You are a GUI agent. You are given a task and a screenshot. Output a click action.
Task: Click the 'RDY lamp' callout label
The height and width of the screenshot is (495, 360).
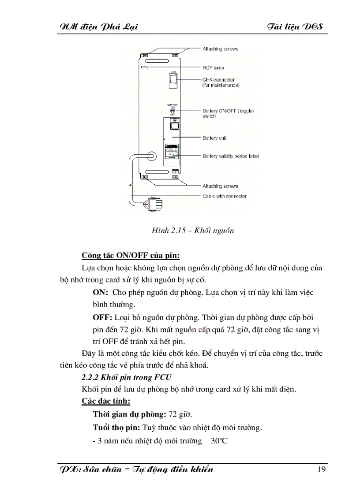pyautogui.click(x=213, y=68)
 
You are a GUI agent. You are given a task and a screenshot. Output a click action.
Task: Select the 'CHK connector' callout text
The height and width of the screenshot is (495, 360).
pyautogui.click(x=219, y=80)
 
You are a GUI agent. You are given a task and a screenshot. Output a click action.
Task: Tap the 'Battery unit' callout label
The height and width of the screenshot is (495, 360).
pyautogui.click(x=214, y=138)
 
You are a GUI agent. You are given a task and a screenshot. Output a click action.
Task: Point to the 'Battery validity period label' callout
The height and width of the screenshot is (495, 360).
pyautogui.click(x=231, y=156)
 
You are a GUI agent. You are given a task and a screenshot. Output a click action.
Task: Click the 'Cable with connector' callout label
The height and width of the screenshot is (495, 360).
pyautogui.click(x=225, y=196)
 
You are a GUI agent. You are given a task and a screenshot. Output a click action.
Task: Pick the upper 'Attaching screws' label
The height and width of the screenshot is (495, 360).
pyautogui.click(x=220, y=49)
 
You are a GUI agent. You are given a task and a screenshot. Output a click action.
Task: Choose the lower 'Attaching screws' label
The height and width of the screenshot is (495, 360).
pyautogui.click(x=220, y=186)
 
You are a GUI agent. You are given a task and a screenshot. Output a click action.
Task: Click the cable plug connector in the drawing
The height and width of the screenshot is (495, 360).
pyautogui.click(x=155, y=204)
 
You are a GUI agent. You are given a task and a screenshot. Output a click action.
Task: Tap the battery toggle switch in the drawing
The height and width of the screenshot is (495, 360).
pyautogui.click(x=173, y=110)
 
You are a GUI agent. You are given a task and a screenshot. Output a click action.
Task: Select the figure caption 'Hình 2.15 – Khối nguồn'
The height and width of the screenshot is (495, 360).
pyautogui.click(x=192, y=231)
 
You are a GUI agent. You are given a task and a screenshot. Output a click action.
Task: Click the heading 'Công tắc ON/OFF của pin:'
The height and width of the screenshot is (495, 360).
pyautogui.click(x=131, y=256)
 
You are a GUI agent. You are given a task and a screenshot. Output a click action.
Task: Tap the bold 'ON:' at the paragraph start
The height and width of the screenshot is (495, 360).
pyautogui.click(x=101, y=292)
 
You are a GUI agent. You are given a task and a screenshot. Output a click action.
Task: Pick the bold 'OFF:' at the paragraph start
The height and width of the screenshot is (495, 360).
pyautogui.click(x=102, y=317)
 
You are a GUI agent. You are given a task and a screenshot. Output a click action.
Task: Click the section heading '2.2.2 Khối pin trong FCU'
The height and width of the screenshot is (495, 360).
pyautogui.click(x=127, y=377)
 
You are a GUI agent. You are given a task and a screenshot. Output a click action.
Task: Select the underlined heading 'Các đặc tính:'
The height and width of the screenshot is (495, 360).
pyautogui.click(x=106, y=402)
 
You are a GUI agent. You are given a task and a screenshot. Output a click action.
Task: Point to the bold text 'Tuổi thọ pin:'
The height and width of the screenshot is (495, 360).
pyautogui.click(x=116, y=427)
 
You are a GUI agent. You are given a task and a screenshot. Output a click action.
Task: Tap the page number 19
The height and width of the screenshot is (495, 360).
pyautogui.click(x=321, y=469)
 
